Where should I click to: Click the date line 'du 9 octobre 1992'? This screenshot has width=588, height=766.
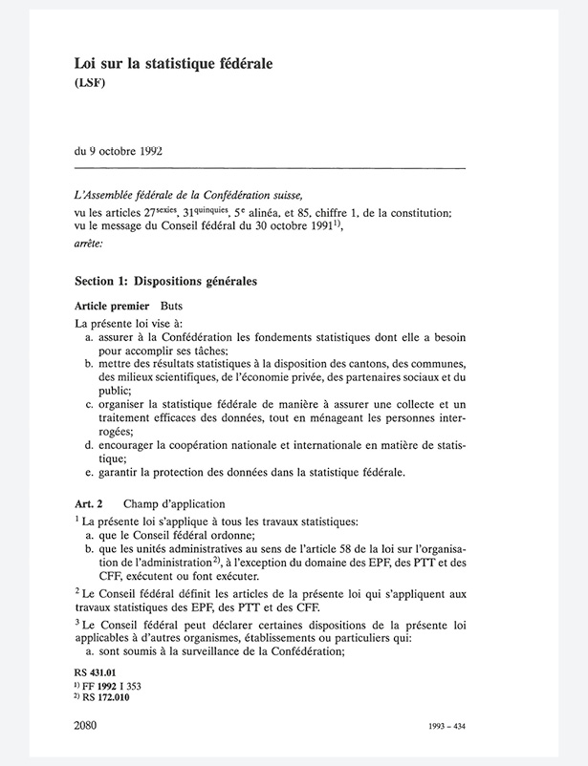click(x=124, y=151)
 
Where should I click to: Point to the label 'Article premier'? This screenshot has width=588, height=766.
click(x=111, y=308)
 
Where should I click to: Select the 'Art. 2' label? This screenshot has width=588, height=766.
click(x=88, y=503)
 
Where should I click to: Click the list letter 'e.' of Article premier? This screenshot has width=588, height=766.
click(x=89, y=472)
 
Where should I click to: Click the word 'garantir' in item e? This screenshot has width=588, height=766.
click(x=119, y=472)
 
